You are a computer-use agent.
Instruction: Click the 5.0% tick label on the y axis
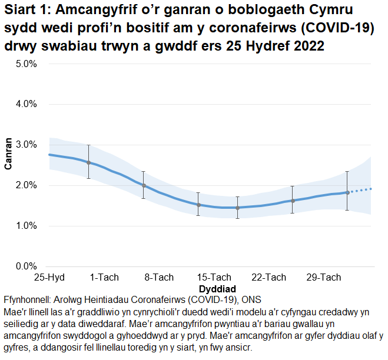(x=26, y=64)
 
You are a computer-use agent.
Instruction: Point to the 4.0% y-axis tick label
(x=26, y=104)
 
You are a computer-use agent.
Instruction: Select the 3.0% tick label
(x=26, y=145)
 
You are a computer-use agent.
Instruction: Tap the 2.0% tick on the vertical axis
(x=26, y=185)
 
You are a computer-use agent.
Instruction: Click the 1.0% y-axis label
(x=26, y=226)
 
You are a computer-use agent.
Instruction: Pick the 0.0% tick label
(x=26, y=266)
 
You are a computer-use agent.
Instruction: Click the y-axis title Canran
(x=8, y=154)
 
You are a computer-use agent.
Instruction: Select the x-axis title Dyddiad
(x=217, y=289)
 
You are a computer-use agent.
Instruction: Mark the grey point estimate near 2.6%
(x=88, y=162)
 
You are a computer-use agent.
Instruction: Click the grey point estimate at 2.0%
(x=143, y=185)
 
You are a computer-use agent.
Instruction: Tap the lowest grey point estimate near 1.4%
(x=237, y=208)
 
